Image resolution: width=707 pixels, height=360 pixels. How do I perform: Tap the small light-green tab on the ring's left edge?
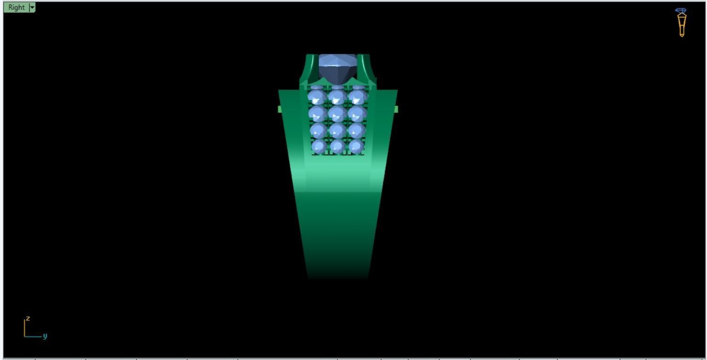tap(280, 109)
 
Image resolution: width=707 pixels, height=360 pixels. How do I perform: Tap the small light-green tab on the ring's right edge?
tap(396, 109)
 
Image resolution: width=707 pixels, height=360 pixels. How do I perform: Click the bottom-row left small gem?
tap(318, 147)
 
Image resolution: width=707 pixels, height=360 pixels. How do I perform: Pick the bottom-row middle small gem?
tap(338, 147)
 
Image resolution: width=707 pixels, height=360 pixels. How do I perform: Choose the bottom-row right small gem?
tap(356, 147)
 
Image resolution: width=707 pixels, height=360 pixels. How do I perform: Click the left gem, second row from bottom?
tap(317, 130)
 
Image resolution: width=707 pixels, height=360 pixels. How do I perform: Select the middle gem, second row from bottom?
tap(338, 130)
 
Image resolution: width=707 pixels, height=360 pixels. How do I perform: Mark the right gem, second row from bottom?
tap(357, 130)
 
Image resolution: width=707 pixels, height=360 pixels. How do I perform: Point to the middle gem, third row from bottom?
tap(338, 114)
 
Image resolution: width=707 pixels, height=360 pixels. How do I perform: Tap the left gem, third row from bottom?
tap(317, 114)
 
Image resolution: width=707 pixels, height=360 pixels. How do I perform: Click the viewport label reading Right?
tap(17, 7)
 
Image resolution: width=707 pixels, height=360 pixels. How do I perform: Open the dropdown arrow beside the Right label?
tap(32, 7)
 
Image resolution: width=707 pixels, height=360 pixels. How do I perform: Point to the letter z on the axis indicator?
tap(28, 318)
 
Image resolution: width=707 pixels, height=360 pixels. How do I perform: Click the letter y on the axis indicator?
tap(45, 336)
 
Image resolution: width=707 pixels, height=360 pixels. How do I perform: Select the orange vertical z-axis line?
tap(25, 328)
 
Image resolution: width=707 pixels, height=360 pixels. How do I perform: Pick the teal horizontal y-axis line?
tap(33, 337)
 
